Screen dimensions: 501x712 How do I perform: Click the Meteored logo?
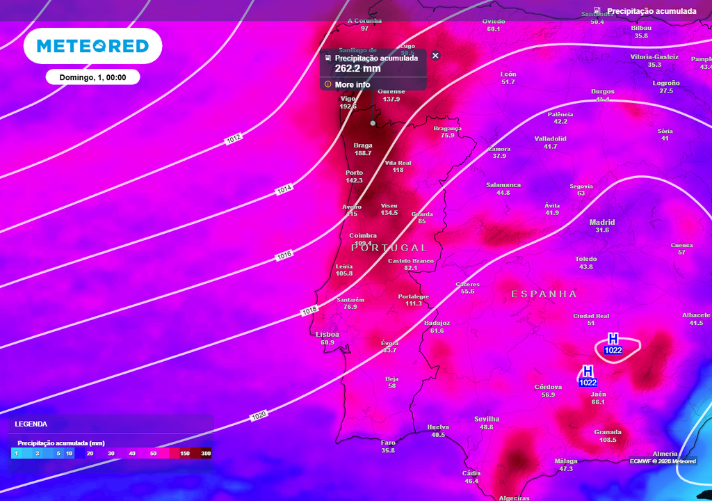pos(92,46)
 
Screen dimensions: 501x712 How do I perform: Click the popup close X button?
pos(435,56)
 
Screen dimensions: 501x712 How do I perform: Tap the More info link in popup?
pos(353,84)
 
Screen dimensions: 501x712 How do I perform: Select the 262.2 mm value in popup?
pos(357,68)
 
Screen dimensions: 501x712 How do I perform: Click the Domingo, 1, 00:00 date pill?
pos(92,77)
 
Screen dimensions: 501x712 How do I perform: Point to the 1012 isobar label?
pos(234,139)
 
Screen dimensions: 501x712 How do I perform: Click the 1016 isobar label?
pos(284,255)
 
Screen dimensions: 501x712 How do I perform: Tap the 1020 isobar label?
pos(259,415)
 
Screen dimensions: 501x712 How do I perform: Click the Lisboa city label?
pos(327,335)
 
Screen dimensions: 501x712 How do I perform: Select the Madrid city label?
pos(602,223)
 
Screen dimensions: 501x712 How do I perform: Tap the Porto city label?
pos(354,173)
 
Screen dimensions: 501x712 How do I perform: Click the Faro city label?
pos(388,442)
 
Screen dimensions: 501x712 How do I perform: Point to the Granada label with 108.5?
pos(608,432)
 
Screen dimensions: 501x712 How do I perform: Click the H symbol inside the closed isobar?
pos(613,339)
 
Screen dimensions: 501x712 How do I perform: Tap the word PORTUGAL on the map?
pos(389,248)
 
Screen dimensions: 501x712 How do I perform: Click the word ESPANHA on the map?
pos(544,294)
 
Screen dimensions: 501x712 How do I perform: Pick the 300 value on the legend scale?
pos(206,453)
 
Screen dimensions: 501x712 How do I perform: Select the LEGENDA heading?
pos(31,423)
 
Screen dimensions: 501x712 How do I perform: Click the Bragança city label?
pos(447,128)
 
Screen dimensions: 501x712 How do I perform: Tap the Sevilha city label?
pos(487,419)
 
